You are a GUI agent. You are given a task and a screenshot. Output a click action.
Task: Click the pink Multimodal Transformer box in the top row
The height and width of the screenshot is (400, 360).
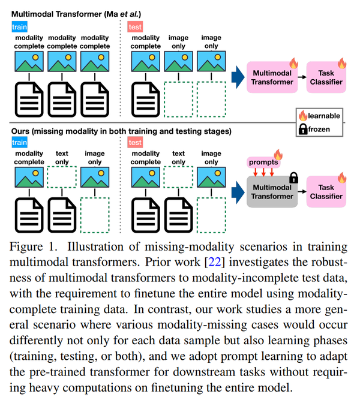click(x=272, y=77)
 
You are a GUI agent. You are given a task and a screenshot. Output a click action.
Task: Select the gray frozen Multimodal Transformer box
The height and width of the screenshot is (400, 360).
click(x=272, y=191)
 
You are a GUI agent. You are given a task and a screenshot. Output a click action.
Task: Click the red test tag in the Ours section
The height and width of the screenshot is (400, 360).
click(x=135, y=142)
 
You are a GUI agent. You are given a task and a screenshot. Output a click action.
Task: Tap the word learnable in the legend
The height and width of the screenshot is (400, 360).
click(x=324, y=116)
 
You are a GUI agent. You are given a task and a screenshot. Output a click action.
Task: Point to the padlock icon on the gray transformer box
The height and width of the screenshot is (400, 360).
click(x=293, y=177)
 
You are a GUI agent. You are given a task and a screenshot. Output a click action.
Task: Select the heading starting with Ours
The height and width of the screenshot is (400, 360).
click(x=120, y=131)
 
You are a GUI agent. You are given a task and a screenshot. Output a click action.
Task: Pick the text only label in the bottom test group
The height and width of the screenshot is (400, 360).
click(x=178, y=158)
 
